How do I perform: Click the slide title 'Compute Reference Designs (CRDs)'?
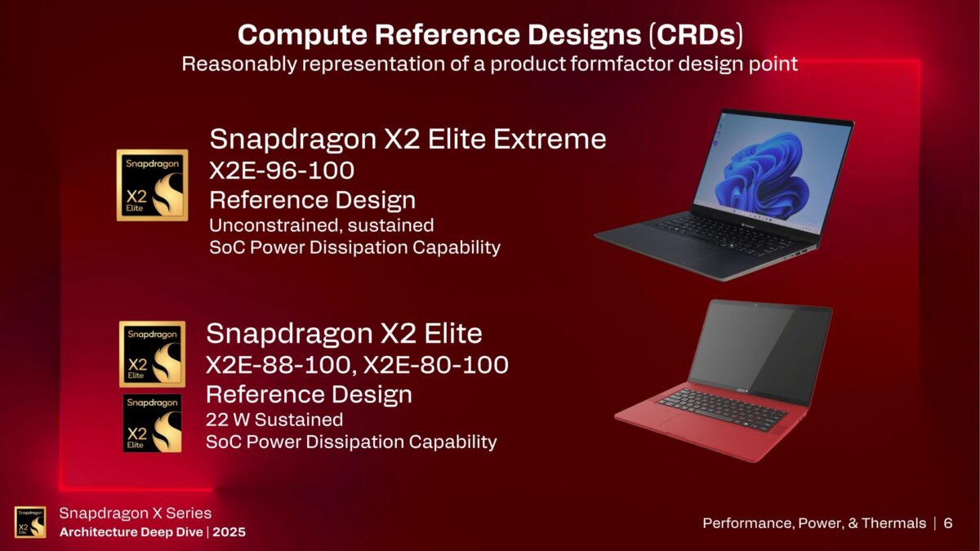coord(490,36)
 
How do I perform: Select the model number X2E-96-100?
coord(282,171)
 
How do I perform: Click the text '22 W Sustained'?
coord(274,420)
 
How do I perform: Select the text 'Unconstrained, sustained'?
coord(321,224)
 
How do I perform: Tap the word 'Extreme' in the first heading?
coord(550,139)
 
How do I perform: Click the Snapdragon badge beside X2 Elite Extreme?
coord(152,185)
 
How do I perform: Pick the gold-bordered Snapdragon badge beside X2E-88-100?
coord(152,353)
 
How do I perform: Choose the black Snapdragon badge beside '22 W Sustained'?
coord(152,423)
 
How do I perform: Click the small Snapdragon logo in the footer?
coord(30,522)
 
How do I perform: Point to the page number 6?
coord(948,523)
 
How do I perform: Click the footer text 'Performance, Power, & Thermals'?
coord(814,523)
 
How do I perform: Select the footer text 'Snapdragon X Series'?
coord(135,513)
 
